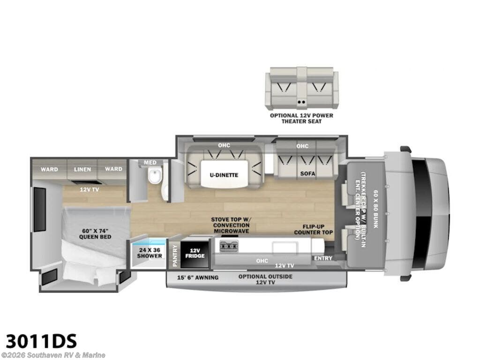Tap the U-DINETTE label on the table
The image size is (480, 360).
pyautogui.click(x=224, y=175)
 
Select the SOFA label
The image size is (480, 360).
pyautogui.click(x=307, y=173)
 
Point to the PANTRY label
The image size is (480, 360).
pyautogui.click(x=175, y=256)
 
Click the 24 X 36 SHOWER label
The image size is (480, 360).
pyautogui.click(x=150, y=253)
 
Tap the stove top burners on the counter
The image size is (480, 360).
pyautogui.click(x=229, y=247)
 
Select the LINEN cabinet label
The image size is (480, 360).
pyautogui.click(x=82, y=169)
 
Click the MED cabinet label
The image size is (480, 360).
pyautogui.click(x=150, y=163)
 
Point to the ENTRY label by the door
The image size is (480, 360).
pyautogui.click(x=323, y=258)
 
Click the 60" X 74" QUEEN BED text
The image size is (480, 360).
pyautogui.click(x=95, y=233)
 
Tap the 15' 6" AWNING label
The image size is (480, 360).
pyautogui.click(x=198, y=277)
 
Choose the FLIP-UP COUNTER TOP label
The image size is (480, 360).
pyautogui.click(x=314, y=230)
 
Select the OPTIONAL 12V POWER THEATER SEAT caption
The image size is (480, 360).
pyautogui.click(x=301, y=119)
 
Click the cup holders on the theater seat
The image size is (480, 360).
pyautogui.click(x=301, y=102)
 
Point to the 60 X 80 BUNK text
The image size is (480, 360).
pyautogui.click(x=375, y=209)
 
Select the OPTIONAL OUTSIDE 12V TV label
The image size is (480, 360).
pyautogui.click(x=265, y=279)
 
